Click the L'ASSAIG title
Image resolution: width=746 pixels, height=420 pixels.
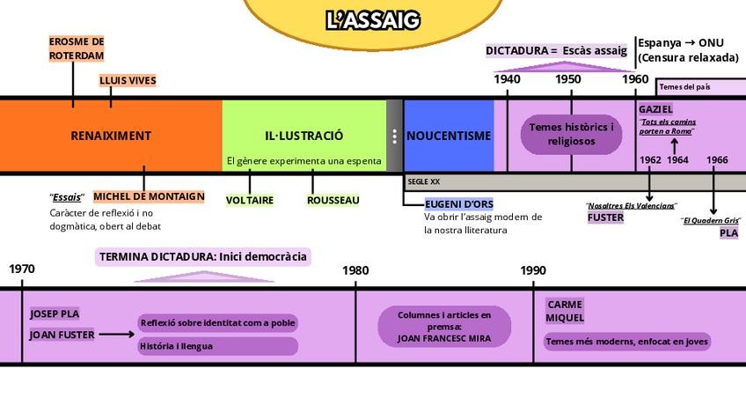373,19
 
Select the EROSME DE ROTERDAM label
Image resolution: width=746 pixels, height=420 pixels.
77,48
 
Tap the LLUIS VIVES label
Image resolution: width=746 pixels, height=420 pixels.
128,81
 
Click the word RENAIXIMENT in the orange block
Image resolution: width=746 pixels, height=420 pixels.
111,136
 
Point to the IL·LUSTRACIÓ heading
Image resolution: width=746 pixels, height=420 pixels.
304,136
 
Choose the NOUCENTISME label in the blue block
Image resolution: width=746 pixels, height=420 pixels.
449,136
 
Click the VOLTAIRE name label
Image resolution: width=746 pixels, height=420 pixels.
250,201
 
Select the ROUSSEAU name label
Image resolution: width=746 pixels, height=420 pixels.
333,201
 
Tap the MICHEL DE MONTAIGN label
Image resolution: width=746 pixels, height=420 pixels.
149,196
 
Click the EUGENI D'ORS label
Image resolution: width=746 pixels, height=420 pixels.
458,204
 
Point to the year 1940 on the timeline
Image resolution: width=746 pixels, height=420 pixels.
507,79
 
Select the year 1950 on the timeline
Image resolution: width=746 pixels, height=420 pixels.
568,79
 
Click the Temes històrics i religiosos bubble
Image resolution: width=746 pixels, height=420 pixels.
572,134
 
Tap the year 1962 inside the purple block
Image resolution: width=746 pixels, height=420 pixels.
650,160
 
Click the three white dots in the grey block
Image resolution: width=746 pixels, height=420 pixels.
394,136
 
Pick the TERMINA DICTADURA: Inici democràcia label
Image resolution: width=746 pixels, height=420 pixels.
203,257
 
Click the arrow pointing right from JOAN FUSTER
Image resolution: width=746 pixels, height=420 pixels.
116,335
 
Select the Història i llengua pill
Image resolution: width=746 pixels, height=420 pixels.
176,346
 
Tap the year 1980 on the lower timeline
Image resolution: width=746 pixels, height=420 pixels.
355,271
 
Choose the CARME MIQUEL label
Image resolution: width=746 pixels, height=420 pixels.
565,311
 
